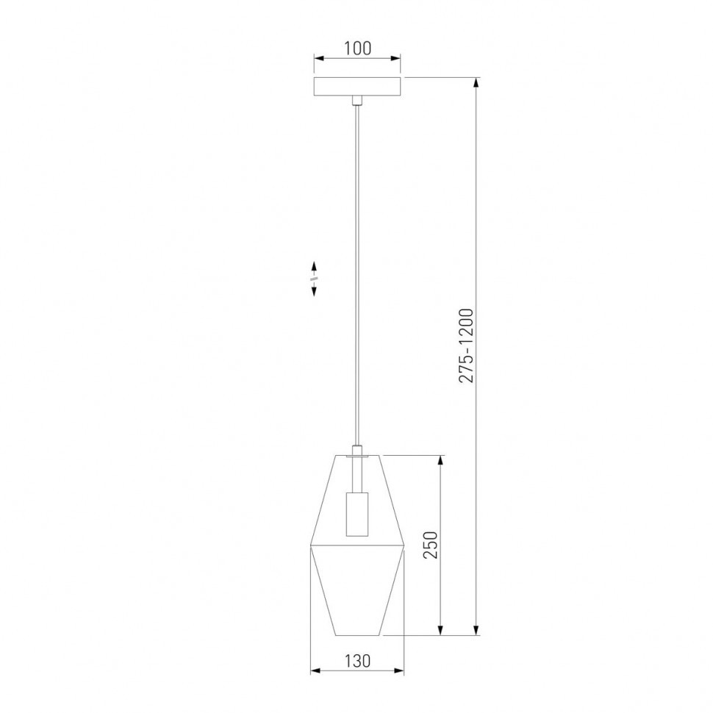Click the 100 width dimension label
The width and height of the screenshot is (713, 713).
click(x=357, y=49)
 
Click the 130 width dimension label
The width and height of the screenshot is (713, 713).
click(x=357, y=660)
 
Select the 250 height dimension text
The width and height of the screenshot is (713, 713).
click(x=431, y=545)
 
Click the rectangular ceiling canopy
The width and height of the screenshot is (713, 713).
click(x=357, y=86)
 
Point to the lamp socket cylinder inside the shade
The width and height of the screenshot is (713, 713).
click(x=356, y=515)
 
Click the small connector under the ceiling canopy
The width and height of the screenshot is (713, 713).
click(x=357, y=101)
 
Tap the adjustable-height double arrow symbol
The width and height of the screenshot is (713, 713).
click(x=314, y=279)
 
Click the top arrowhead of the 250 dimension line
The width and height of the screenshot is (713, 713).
click(x=441, y=460)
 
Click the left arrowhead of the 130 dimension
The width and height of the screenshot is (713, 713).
click(x=315, y=670)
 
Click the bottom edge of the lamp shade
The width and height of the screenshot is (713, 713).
click(x=357, y=634)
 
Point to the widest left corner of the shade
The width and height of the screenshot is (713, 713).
click(x=311, y=548)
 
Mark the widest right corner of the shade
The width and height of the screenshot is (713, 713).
click(x=404, y=548)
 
